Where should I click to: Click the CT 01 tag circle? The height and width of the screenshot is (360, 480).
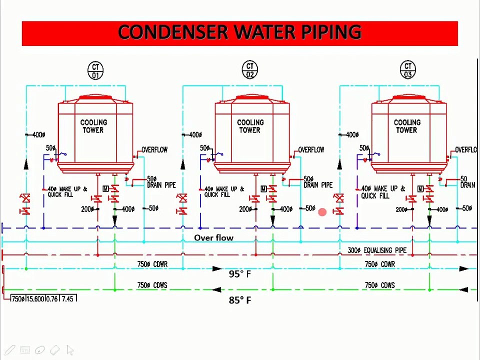pos(95,70)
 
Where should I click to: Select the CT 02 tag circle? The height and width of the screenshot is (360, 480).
pos(250,70)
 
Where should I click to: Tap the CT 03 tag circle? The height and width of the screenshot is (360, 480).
pos(408,70)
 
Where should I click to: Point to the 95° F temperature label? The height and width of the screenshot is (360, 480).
pos(239,274)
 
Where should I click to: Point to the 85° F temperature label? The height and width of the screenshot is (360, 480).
pos(239,300)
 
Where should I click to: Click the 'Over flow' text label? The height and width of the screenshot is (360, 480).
pos(213,238)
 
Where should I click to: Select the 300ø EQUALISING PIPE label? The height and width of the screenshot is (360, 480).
pos(377,250)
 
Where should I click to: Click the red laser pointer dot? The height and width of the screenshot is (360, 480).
pos(322,212)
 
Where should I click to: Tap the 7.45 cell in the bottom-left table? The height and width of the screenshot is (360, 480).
pos(67,298)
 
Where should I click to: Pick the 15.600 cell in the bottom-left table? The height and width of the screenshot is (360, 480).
pos(35,298)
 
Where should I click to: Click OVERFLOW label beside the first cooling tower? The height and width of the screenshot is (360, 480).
pos(154,149)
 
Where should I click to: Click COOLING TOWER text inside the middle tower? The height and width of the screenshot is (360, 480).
pos(250,126)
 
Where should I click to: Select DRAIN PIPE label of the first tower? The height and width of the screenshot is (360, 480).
pos(161,182)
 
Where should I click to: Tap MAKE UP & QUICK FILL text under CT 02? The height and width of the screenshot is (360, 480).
pos(223,192)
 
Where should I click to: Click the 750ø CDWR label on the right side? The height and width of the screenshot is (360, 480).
pos(379,264)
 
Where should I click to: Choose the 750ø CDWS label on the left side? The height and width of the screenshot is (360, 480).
pos(152,285)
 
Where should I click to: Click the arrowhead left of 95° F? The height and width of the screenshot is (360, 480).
pos(217,269)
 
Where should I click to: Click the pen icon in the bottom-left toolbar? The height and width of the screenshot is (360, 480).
pos(10,350)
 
